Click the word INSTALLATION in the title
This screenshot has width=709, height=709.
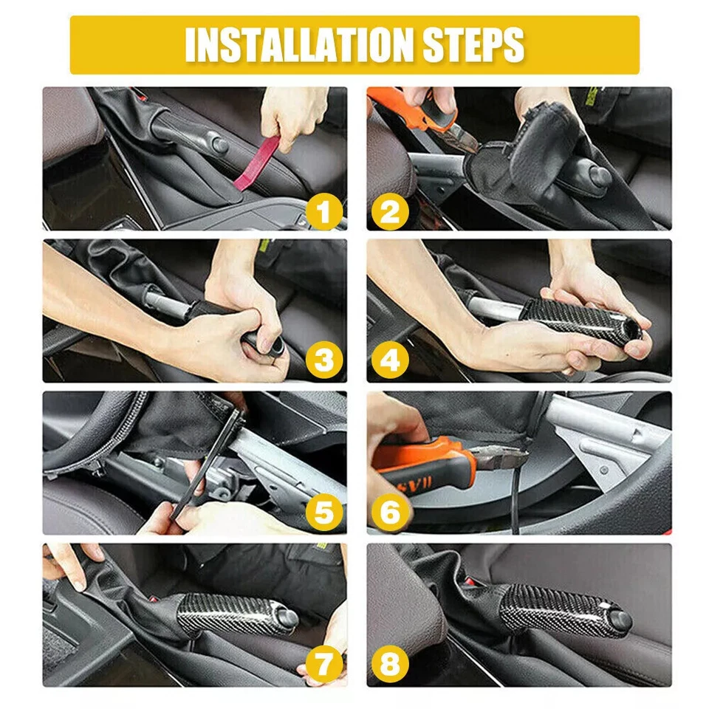coord(300,45)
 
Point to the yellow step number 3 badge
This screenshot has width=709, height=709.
coord(322,362)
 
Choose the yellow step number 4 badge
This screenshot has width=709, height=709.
coord(390,362)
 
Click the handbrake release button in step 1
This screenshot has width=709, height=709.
coord(217,140)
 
